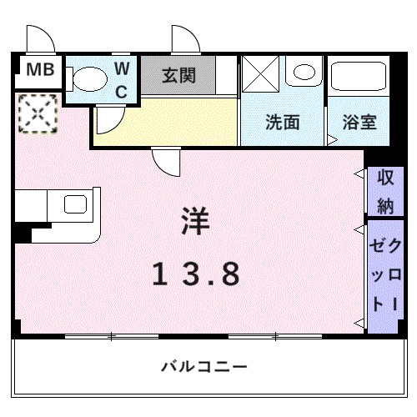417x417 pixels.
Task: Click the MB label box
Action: click(38, 71)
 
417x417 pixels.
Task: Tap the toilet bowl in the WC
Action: click(87, 79)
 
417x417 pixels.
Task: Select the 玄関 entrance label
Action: click(178, 76)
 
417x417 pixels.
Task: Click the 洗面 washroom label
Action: click(282, 123)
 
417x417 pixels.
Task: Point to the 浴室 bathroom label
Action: click(359, 123)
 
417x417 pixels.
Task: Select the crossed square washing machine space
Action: click(262, 73)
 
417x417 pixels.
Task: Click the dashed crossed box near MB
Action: click(36, 113)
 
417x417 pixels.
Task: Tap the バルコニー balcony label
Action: click(204, 366)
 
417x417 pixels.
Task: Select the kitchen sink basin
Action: click(74, 204)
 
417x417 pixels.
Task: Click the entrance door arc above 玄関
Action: click(183, 38)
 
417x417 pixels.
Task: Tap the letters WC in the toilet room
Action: click(122, 79)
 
